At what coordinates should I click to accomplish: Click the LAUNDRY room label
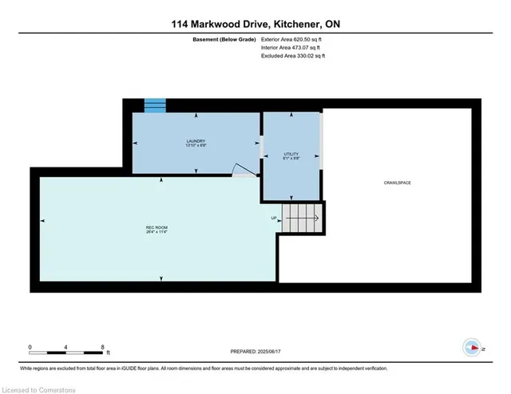(x=196, y=140)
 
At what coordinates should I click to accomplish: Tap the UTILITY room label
(x=291, y=153)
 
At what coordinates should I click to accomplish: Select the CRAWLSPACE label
(x=396, y=183)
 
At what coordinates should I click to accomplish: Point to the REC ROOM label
(x=156, y=227)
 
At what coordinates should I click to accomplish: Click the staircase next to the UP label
(x=304, y=215)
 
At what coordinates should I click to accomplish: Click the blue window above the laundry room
(x=155, y=105)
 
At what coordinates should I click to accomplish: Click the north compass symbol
(x=472, y=347)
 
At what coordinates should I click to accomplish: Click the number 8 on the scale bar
(x=103, y=347)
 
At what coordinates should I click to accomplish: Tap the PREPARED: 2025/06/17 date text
(x=255, y=351)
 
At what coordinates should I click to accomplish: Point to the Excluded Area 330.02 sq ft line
(x=294, y=56)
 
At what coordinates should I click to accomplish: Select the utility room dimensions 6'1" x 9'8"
(x=291, y=158)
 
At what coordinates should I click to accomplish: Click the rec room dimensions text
(x=156, y=232)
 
